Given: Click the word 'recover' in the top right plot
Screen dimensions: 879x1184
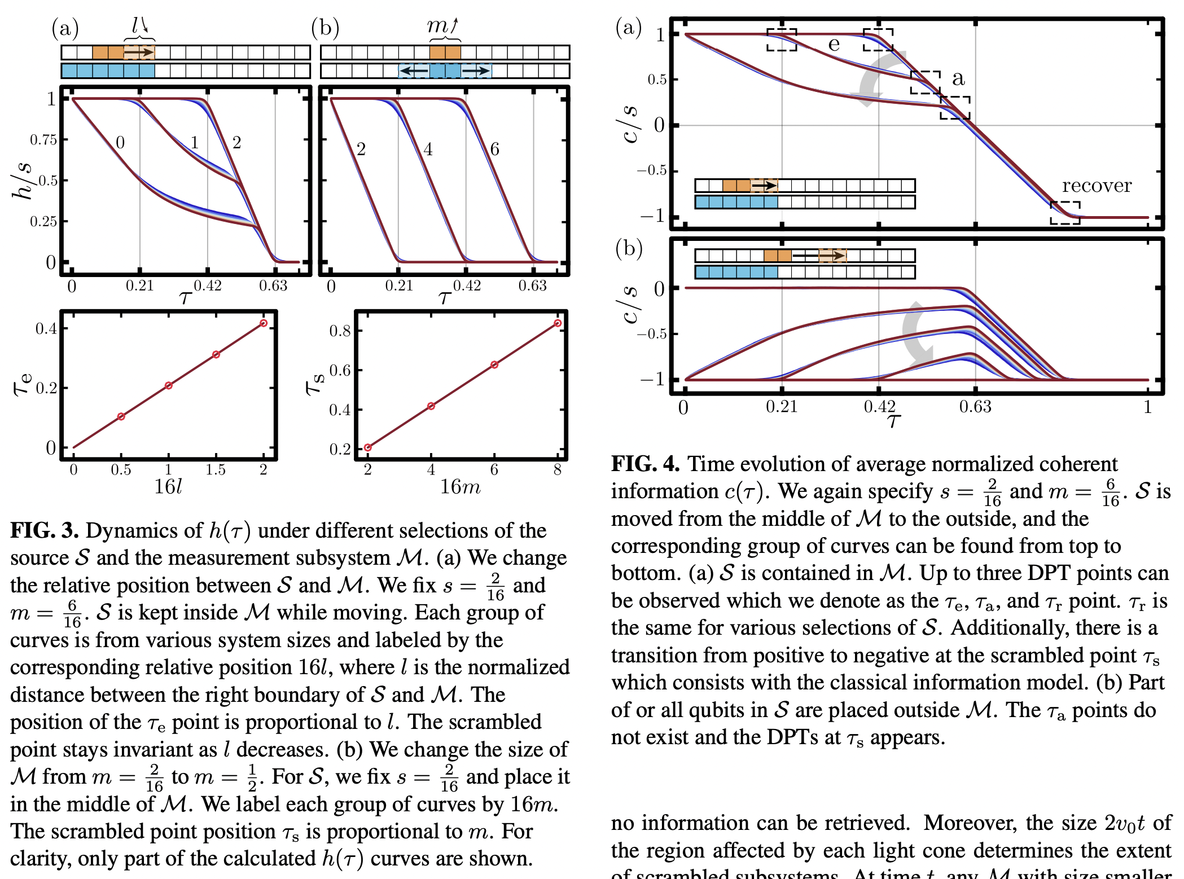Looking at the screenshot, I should click(1097, 186).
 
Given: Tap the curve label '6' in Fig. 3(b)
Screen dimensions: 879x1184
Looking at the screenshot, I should click(494, 149).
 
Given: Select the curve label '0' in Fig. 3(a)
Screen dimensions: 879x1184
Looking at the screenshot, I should click(120, 142).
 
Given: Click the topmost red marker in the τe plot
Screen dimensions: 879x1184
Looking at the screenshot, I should click(264, 323).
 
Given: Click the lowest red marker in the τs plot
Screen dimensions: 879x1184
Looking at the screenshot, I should click(368, 447).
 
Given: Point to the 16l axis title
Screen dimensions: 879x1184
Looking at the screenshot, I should click(168, 486).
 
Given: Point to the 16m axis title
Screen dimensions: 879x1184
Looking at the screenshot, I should click(460, 486).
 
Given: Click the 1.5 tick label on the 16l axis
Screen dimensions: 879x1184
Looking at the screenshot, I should click(216, 469).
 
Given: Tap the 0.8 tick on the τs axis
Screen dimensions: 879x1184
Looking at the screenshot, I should click(340, 331).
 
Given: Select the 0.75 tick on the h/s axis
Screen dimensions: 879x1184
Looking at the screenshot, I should click(43, 140).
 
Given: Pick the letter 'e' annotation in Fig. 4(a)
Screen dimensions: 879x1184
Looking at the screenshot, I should click(834, 45).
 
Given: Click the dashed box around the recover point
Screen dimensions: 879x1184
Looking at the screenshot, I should click(1065, 213).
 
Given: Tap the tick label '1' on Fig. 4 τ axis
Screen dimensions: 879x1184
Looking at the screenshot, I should click(1147, 407).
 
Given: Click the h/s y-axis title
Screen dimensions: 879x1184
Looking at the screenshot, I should click(23, 181).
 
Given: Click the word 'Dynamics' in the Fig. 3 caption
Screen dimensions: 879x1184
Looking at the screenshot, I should click(143, 530).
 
